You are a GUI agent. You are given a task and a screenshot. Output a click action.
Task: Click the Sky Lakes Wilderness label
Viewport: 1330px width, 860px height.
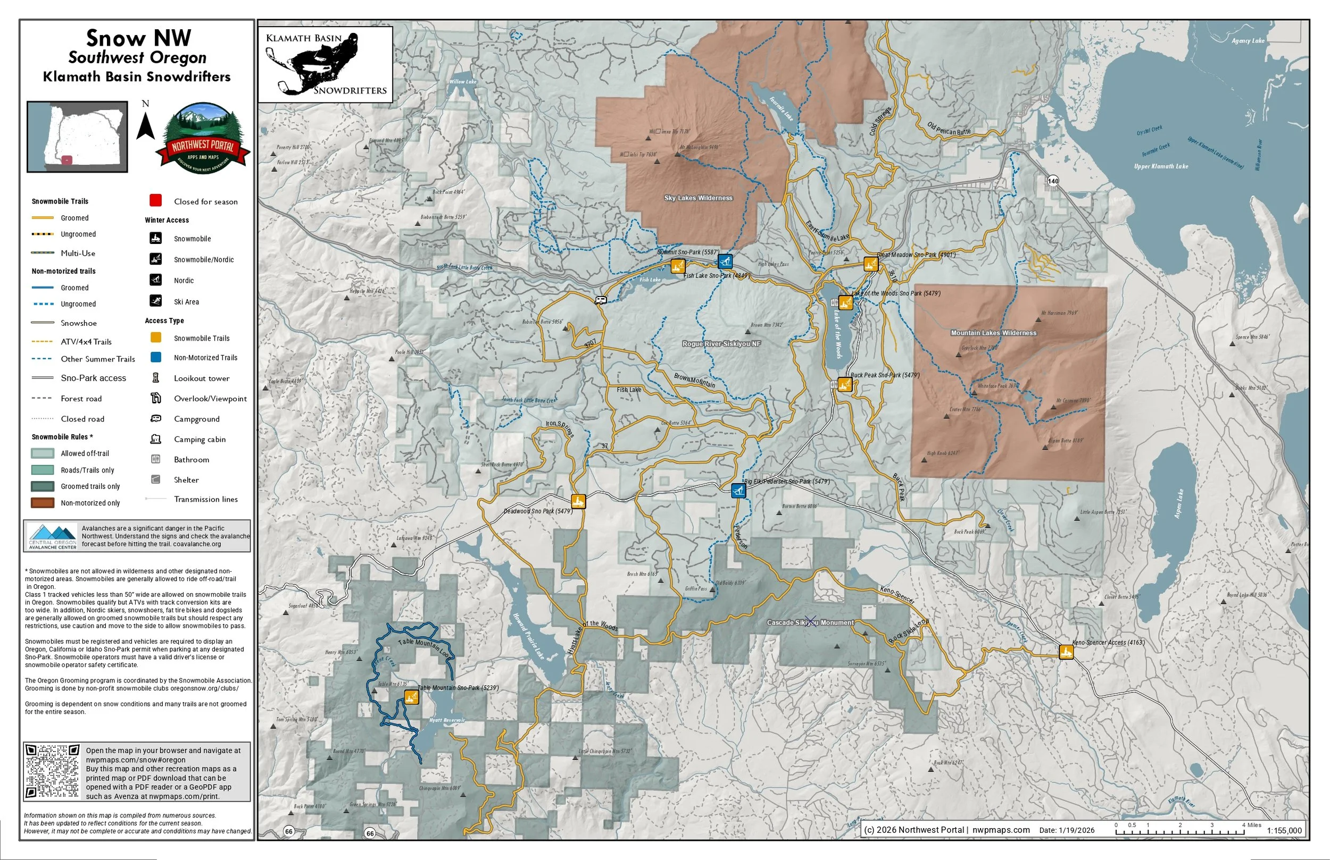coord(698,198)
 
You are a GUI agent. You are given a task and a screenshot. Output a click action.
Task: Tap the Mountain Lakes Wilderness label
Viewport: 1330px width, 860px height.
coord(994,333)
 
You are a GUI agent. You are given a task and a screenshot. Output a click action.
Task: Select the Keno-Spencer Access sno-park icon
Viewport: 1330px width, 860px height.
coord(1066,652)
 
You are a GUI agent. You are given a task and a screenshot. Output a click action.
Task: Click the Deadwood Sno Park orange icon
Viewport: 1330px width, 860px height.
coord(578,501)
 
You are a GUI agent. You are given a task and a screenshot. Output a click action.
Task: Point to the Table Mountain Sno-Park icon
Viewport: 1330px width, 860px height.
coord(411,697)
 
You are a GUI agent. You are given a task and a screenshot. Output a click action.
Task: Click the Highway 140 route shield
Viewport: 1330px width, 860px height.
coord(1053,180)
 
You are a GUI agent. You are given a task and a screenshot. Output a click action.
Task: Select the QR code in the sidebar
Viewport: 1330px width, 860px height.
coord(53,771)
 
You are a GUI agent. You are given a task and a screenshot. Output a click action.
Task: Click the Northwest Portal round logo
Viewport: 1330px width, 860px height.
coord(203,137)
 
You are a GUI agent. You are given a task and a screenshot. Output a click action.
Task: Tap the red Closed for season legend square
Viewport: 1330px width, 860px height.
coord(156,200)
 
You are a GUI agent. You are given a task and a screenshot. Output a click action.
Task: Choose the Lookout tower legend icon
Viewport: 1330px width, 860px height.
coord(156,378)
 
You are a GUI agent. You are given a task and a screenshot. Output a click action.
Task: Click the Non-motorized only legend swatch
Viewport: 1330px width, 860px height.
coord(43,503)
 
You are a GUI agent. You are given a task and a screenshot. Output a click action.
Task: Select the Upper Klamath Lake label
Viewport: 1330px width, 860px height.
coord(1161,166)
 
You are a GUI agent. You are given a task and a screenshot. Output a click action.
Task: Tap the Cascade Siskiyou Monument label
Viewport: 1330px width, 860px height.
coord(810,622)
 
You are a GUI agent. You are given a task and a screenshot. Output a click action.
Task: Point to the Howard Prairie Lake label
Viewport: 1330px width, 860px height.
coord(528,635)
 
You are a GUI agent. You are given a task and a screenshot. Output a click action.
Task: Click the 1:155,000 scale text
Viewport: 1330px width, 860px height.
coord(1284,830)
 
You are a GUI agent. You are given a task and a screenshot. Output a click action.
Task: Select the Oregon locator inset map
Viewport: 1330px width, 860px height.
coord(78,137)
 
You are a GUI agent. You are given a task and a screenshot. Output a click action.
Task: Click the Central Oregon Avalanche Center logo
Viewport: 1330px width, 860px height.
coord(53,536)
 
